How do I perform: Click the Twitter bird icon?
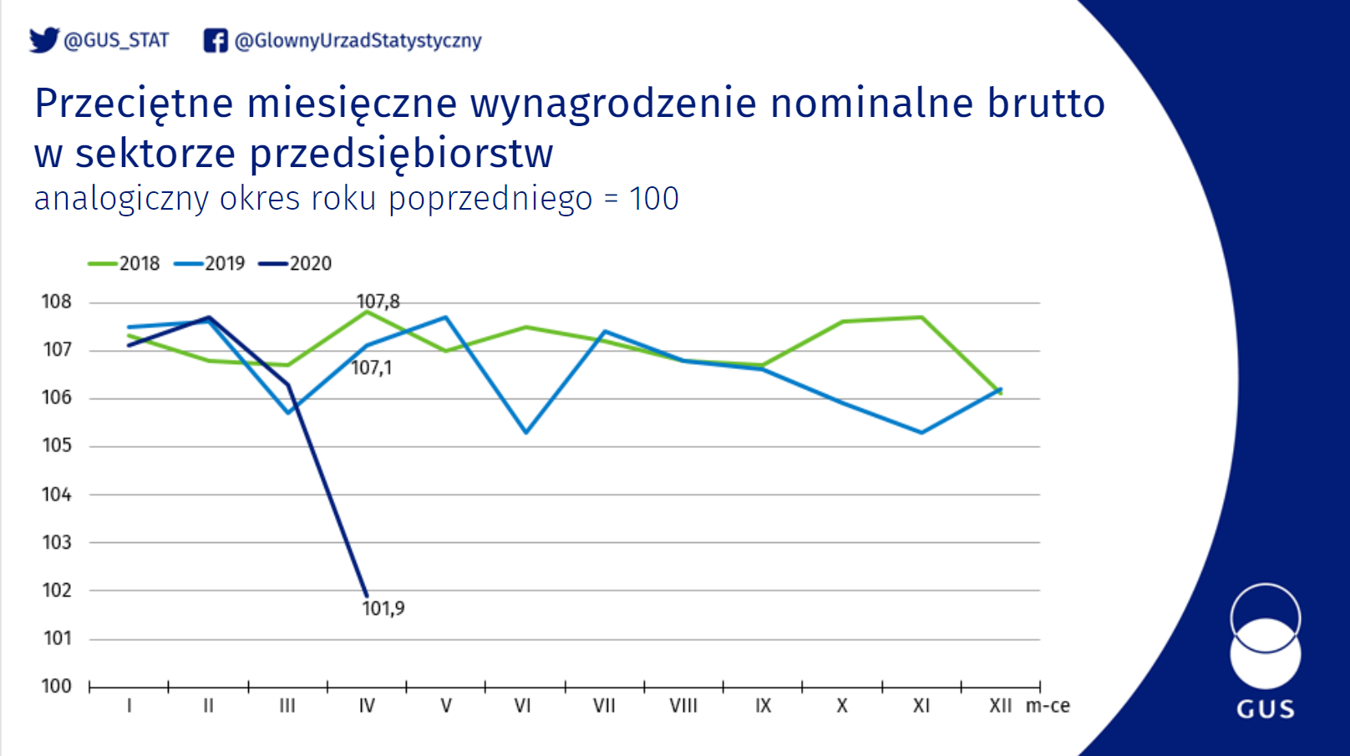(x=44, y=40)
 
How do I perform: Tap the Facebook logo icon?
(x=216, y=40)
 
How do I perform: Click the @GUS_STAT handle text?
(x=116, y=40)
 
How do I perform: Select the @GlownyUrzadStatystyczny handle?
(x=358, y=41)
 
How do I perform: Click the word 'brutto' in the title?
(x=1046, y=103)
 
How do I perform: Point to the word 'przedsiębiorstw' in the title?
(x=401, y=153)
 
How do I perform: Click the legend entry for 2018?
(x=124, y=263)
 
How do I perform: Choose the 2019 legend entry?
(x=209, y=263)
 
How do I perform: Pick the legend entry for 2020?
(x=296, y=263)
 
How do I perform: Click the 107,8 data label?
(x=378, y=302)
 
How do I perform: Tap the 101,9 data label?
(x=383, y=608)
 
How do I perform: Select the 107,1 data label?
(x=371, y=368)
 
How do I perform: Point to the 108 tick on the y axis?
(x=56, y=302)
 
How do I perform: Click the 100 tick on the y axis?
(x=56, y=686)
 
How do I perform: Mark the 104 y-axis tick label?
(x=56, y=495)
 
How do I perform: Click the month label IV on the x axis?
(x=367, y=705)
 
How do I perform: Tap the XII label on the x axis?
(x=1001, y=705)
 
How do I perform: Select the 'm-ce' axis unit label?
(x=1048, y=705)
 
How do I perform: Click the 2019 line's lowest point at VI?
(x=526, y=432)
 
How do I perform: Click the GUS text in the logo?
(x=1266, y=709)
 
